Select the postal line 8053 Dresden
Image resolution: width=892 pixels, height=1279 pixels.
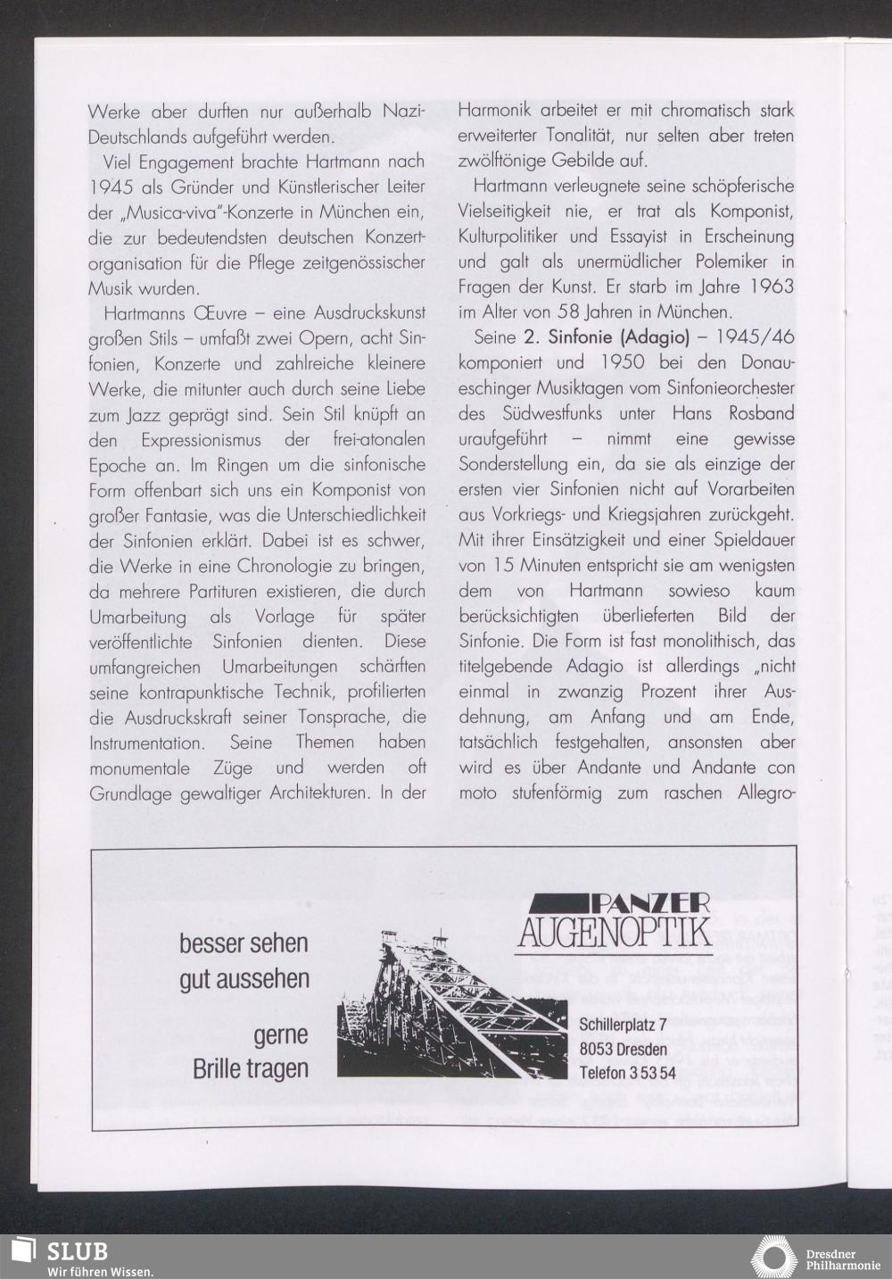[x=623, y=1048]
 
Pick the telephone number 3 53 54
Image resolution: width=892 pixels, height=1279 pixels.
[x=652, y=1073]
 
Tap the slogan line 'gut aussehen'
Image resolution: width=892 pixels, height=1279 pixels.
[x=244, y=978]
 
